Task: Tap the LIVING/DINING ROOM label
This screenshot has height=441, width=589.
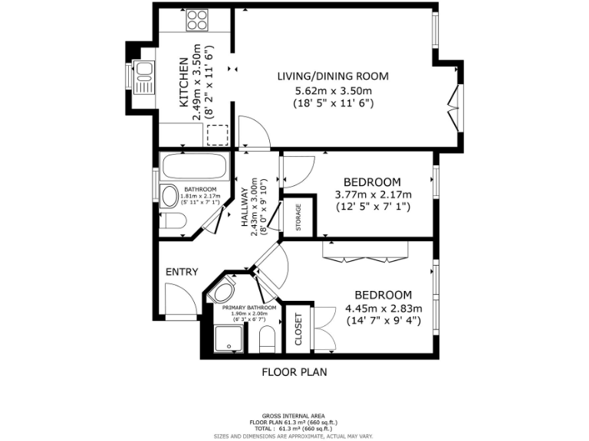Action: click(x=333, y=76)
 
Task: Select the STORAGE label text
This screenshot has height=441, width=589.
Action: click(x=298, y=218)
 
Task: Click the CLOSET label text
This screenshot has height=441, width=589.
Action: click(x=298, y=330)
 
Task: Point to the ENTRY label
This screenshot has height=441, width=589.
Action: click(x=182, y=272)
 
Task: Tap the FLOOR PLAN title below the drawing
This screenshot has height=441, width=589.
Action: click(x=294, y=373)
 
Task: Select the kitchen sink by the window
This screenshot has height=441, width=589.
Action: click(x=143, y=77)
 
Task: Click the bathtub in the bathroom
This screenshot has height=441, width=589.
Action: click(x=194, y=165)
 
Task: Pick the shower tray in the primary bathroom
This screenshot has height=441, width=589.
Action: click(x=228, y=338)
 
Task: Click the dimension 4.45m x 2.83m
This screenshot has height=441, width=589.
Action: click(x=383, y=309)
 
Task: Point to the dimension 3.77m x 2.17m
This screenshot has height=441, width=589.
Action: click(x=373, y=194)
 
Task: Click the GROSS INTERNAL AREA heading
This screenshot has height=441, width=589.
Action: click(x=294, y=414)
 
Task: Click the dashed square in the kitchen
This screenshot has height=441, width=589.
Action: click(x=219, y=134)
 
